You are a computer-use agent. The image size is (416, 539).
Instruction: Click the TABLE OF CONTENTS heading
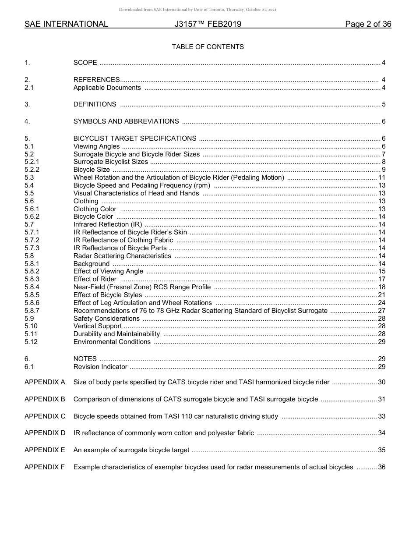point(208,47)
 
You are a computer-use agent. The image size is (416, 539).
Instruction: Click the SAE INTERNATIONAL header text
point(66,25)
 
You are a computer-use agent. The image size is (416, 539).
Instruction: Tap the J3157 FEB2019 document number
point(208,25)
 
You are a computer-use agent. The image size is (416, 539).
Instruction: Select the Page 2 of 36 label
point(368,25)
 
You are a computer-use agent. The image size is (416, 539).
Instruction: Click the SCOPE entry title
point(85,63)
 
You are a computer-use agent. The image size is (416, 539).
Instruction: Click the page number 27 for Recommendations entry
point(381,311)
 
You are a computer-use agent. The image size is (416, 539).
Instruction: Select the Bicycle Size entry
point(92,170)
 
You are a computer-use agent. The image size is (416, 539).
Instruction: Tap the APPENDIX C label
point(45,416)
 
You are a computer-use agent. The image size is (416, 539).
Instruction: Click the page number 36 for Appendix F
point(381,467)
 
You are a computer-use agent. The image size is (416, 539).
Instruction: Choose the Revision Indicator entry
point(100,367)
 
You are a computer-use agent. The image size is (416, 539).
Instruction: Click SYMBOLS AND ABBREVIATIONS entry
point(126,121)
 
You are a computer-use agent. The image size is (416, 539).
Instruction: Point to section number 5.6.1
point(32,209)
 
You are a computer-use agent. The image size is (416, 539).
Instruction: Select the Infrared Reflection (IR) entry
point(107,224)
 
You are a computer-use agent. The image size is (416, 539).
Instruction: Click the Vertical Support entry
point(97,326)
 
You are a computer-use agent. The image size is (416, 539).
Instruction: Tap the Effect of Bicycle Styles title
point(107,295)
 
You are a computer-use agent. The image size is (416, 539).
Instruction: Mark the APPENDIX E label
point(45,450)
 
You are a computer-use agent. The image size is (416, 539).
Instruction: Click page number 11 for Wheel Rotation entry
point(381,177)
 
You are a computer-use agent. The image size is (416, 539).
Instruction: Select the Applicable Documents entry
point(107,88)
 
